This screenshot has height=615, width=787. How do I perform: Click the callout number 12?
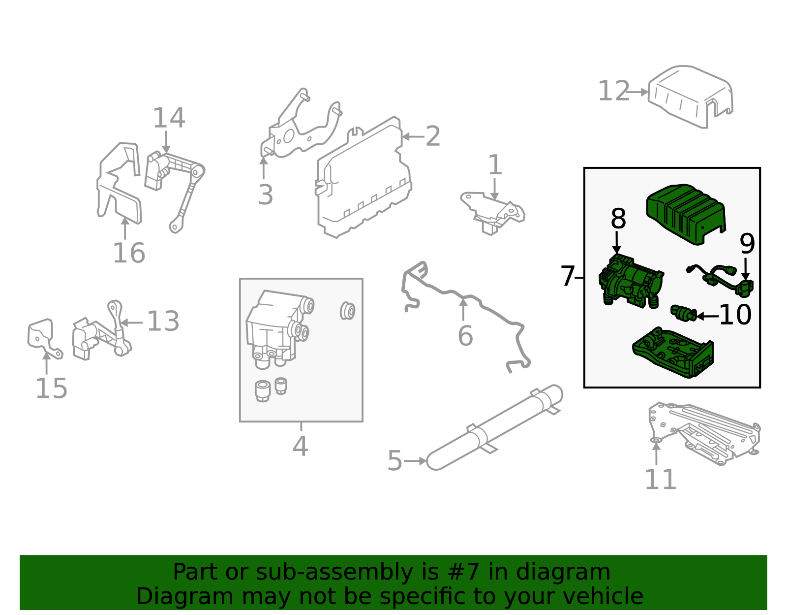tap(613, 92)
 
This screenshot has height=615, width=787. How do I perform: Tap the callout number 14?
tap(169, 119)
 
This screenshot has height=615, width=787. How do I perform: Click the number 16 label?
tap(129, 254)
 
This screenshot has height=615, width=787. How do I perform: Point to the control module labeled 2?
tap(364, 180)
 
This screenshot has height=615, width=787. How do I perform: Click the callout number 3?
tap(265, 195)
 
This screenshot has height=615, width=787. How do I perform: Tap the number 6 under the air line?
tap(465, 336)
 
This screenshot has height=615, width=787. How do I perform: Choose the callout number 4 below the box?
tap(300, 447)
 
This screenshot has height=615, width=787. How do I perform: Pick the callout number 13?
tap(163, 322)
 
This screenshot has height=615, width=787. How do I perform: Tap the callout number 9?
tap(747, 244)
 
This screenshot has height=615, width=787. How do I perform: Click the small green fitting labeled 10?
tap(683, 313)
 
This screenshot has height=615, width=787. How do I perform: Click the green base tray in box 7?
tap(674, 352)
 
